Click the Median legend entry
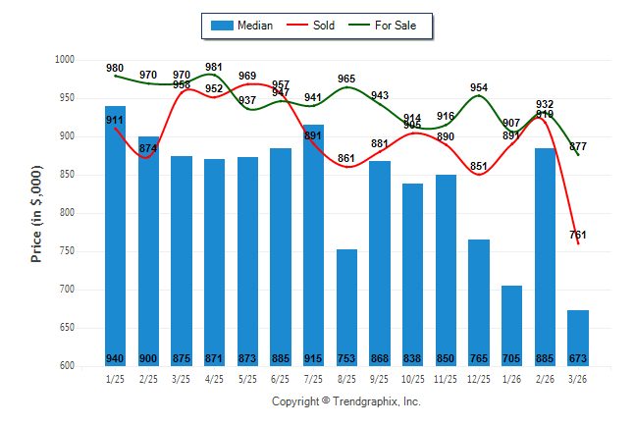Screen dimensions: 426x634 coord(241,26)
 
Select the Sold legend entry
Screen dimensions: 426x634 coord(312,26)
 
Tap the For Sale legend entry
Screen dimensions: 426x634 coord(391,26)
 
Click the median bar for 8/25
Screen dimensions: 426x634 coord(346,307)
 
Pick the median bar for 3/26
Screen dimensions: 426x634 coord(578,338)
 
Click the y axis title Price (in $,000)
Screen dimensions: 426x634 coord(36,213)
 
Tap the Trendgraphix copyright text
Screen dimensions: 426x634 coord(345,401)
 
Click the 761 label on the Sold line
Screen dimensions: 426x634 coord(578,235)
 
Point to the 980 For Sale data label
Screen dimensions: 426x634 coord(116,68)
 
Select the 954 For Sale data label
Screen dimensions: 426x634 coord(479,87)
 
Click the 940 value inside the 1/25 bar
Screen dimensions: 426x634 coord(116,357)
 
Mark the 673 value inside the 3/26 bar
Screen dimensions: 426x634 coord(578,357)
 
